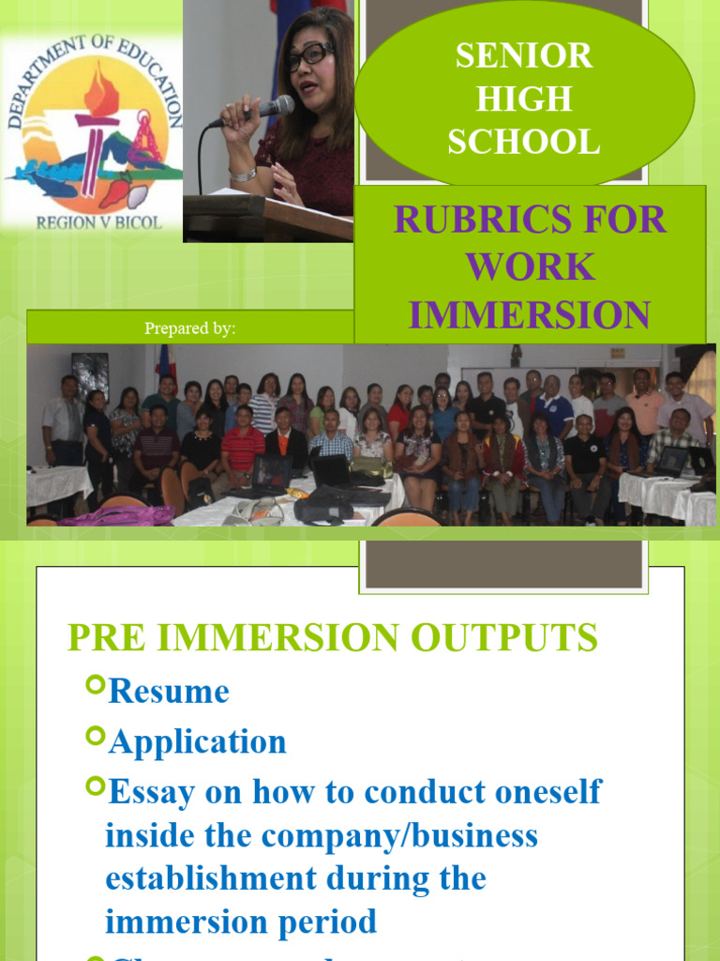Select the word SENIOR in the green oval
point(524,55)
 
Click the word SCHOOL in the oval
point(524,142)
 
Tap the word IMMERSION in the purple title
point(530,314)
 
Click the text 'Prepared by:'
point(189,328)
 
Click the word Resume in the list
point(169,692)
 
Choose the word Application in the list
point(198,741)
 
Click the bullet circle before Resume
point(95,686)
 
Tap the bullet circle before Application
point(95,736)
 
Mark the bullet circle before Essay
point(95,786)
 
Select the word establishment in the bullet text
point(211,878)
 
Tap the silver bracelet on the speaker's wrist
point(242,175)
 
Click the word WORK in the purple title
point(530,267)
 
